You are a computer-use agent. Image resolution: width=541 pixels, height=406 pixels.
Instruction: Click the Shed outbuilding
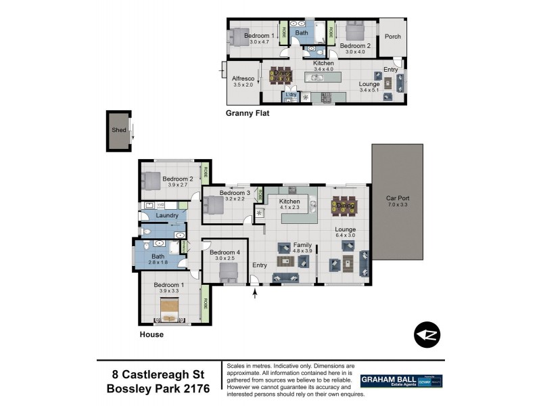click(x=119, y=131)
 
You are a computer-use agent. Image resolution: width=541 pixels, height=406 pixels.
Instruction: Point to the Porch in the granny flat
click(x=392, y=37)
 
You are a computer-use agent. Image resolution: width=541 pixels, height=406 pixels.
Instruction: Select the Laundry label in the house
click(x=166, y=216)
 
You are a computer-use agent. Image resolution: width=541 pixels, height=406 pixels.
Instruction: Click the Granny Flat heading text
click(x=247, y=114)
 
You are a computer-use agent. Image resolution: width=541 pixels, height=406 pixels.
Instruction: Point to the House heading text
click(x=151, y=334)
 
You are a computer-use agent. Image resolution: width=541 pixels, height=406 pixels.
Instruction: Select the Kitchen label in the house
click(x=289, y=202)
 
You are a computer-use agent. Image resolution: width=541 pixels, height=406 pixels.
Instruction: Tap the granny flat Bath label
click(x=302, y=32)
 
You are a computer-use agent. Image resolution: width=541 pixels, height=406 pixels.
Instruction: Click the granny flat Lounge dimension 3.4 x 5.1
click(x=371, y=90)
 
